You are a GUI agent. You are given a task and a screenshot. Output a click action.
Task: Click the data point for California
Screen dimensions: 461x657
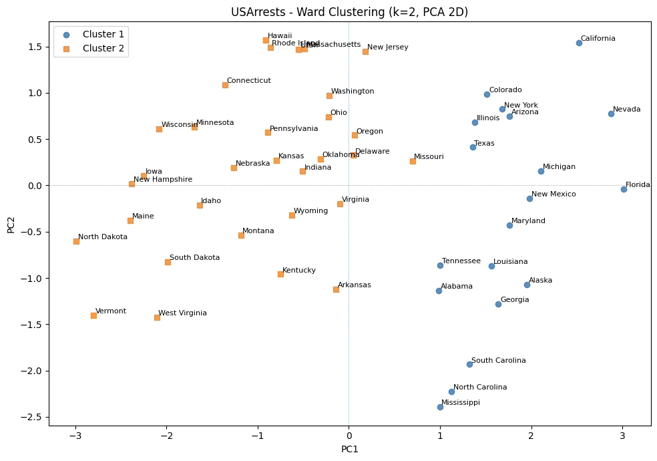click(579, 43)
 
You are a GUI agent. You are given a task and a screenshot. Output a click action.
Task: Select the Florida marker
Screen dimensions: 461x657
click(624, 189)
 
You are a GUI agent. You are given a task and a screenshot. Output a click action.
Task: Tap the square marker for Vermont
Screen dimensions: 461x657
click(93, 315)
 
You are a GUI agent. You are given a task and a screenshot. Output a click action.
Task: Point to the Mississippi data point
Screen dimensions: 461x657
click(440, 407)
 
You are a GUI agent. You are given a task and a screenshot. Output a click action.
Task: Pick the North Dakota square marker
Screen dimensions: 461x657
click(76, 241)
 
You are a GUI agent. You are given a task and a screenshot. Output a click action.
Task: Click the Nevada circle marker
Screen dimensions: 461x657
click(611, 114)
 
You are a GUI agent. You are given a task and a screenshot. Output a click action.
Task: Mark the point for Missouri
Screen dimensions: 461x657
click(413, 161)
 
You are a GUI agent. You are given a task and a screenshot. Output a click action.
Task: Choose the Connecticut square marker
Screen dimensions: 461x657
click(225, 85)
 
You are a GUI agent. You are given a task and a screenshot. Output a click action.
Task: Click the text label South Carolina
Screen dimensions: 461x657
click(498, 361)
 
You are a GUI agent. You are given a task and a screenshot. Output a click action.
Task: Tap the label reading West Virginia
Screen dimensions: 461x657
click(182, 313)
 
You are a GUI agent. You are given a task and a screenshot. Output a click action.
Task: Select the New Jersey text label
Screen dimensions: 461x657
click(387, 47)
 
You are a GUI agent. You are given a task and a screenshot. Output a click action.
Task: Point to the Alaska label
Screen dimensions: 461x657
click(540, 281)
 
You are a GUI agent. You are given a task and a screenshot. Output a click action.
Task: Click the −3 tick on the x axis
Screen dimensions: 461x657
click(75, 436)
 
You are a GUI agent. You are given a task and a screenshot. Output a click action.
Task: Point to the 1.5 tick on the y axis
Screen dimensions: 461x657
click(33, 47)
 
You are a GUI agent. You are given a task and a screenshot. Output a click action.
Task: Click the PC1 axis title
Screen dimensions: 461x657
click(349, 450)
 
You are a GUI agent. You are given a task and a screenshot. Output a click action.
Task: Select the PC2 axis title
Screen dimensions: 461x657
click(11, 224)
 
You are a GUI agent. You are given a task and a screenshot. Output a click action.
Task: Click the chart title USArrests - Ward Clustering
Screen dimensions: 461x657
click(349, 12)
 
